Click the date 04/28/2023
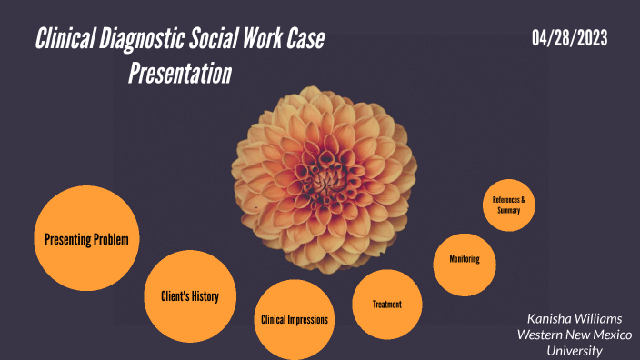click(570, 38)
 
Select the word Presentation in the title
click(179, 73)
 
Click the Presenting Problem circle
click(85, 239)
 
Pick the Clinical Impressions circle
click(295, 319)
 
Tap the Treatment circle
click(386, 304)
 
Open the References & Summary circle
click(509, 205)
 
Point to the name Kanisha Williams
click(575, 319)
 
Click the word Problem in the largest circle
click(109, 240)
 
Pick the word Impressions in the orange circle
click(309, 319)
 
